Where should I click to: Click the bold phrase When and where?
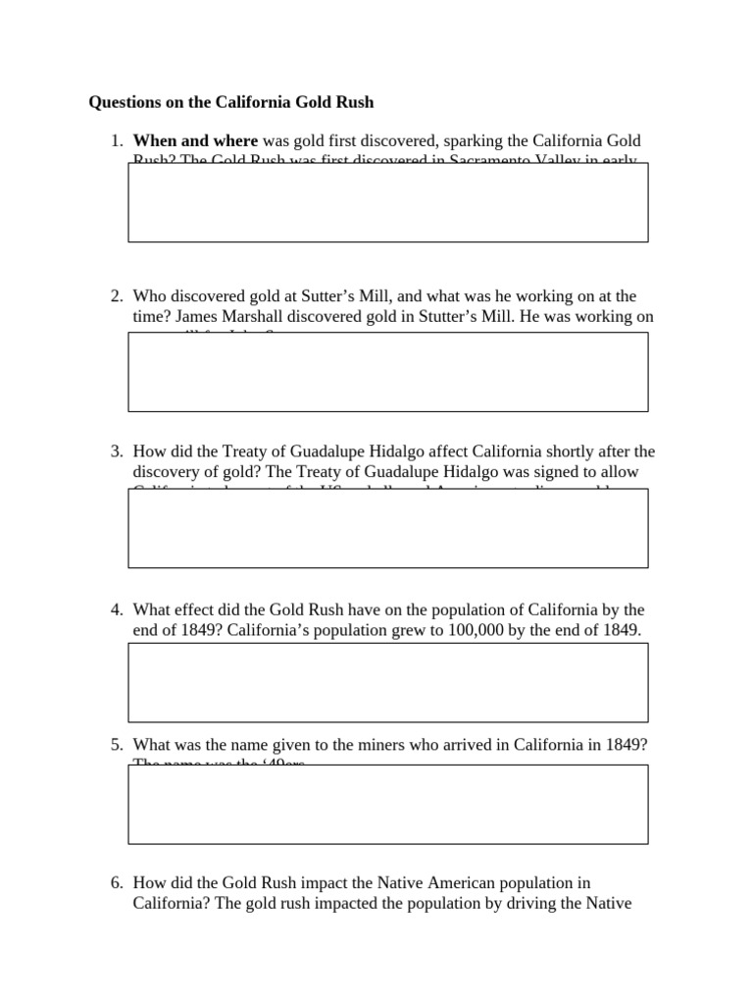[195, 141]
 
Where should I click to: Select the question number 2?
[115, 295]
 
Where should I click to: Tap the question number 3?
[115, 451]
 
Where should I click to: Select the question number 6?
[115, 883]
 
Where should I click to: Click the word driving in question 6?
[535, 904]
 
